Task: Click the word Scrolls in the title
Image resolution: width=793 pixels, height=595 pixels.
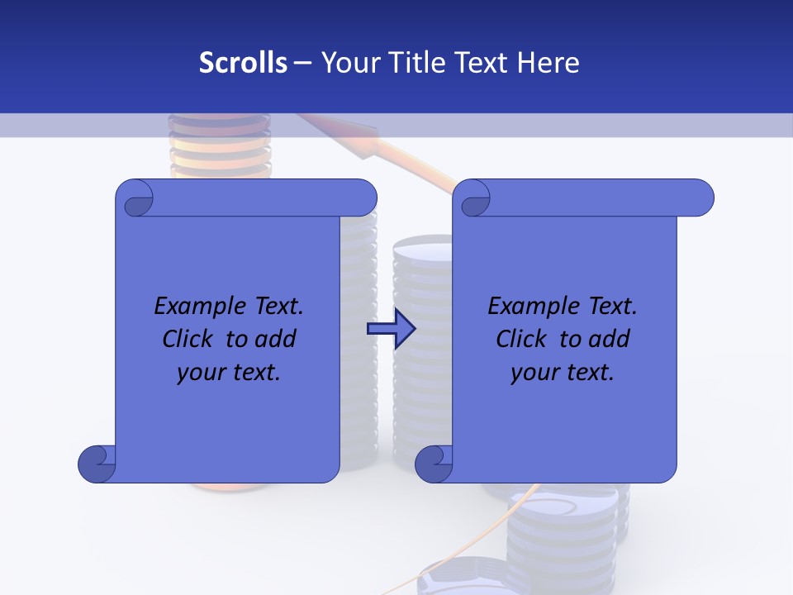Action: pos(244,63)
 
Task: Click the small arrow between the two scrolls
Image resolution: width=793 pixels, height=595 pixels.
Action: pos(391,329)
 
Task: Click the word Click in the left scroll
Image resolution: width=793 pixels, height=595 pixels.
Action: pos(191,339)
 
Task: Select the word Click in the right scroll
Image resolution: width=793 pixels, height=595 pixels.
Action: pos(525,339)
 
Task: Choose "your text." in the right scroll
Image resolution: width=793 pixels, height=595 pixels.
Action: pos(563,372)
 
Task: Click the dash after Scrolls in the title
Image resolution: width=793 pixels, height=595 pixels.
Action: pos(302,63)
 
